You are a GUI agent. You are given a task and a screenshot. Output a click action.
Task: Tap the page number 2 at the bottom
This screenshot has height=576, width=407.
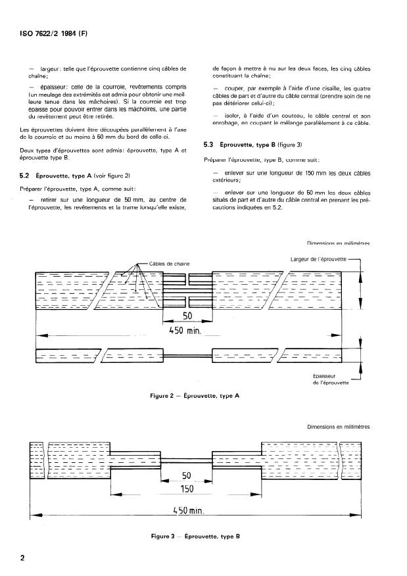(x=22, y=558)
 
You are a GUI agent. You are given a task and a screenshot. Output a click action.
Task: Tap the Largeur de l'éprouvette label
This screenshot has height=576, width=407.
(x=319, y=259)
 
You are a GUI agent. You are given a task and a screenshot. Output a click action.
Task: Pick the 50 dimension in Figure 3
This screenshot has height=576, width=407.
(x=186, y=475)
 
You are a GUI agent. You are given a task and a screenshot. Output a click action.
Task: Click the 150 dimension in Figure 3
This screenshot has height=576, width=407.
(x=187, y=489)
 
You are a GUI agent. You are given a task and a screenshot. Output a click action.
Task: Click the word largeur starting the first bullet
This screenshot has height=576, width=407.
(x=50, y=68)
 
